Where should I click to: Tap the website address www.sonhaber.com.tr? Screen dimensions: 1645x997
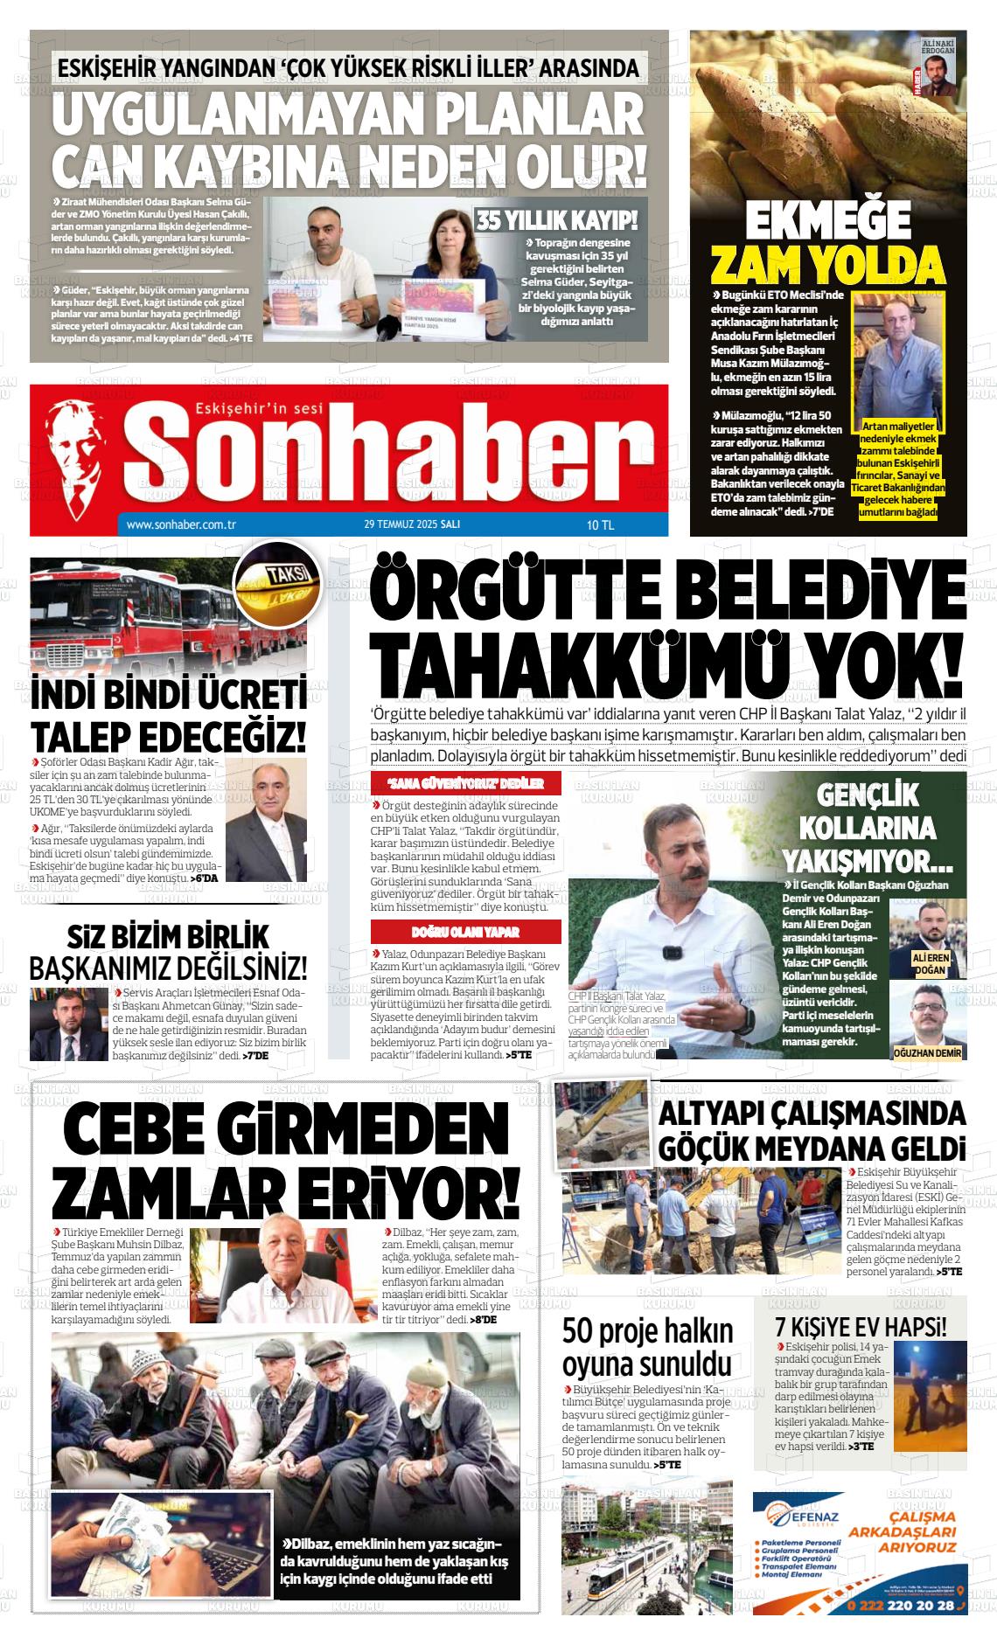click(x=183, y=525)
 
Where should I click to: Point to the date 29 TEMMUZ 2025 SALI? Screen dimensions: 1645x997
click(x=412, y=525)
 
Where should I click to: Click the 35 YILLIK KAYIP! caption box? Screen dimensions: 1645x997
click(x=557, y=219)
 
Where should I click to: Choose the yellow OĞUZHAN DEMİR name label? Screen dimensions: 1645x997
click(x=926, y=1053)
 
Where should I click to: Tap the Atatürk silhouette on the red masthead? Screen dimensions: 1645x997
click(x=83, y=455)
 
